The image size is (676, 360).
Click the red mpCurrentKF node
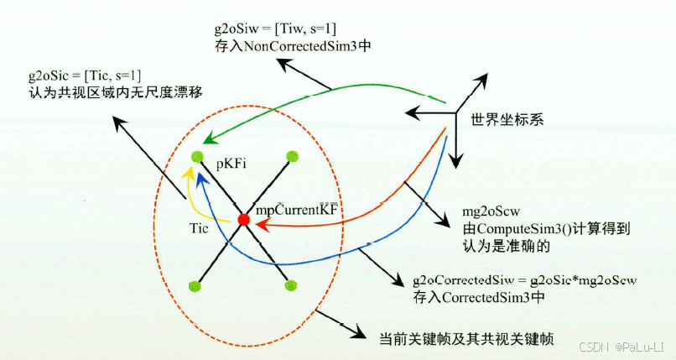click(x=243, y=220)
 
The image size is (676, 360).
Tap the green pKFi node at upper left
click(x=197, y=156)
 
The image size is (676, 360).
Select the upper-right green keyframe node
click(x=293, y=156)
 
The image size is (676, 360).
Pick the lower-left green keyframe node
click(x=196, y=285)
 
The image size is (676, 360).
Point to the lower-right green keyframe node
click(x=292, y=285)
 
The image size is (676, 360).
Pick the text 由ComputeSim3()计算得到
click(x=524, y=229)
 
